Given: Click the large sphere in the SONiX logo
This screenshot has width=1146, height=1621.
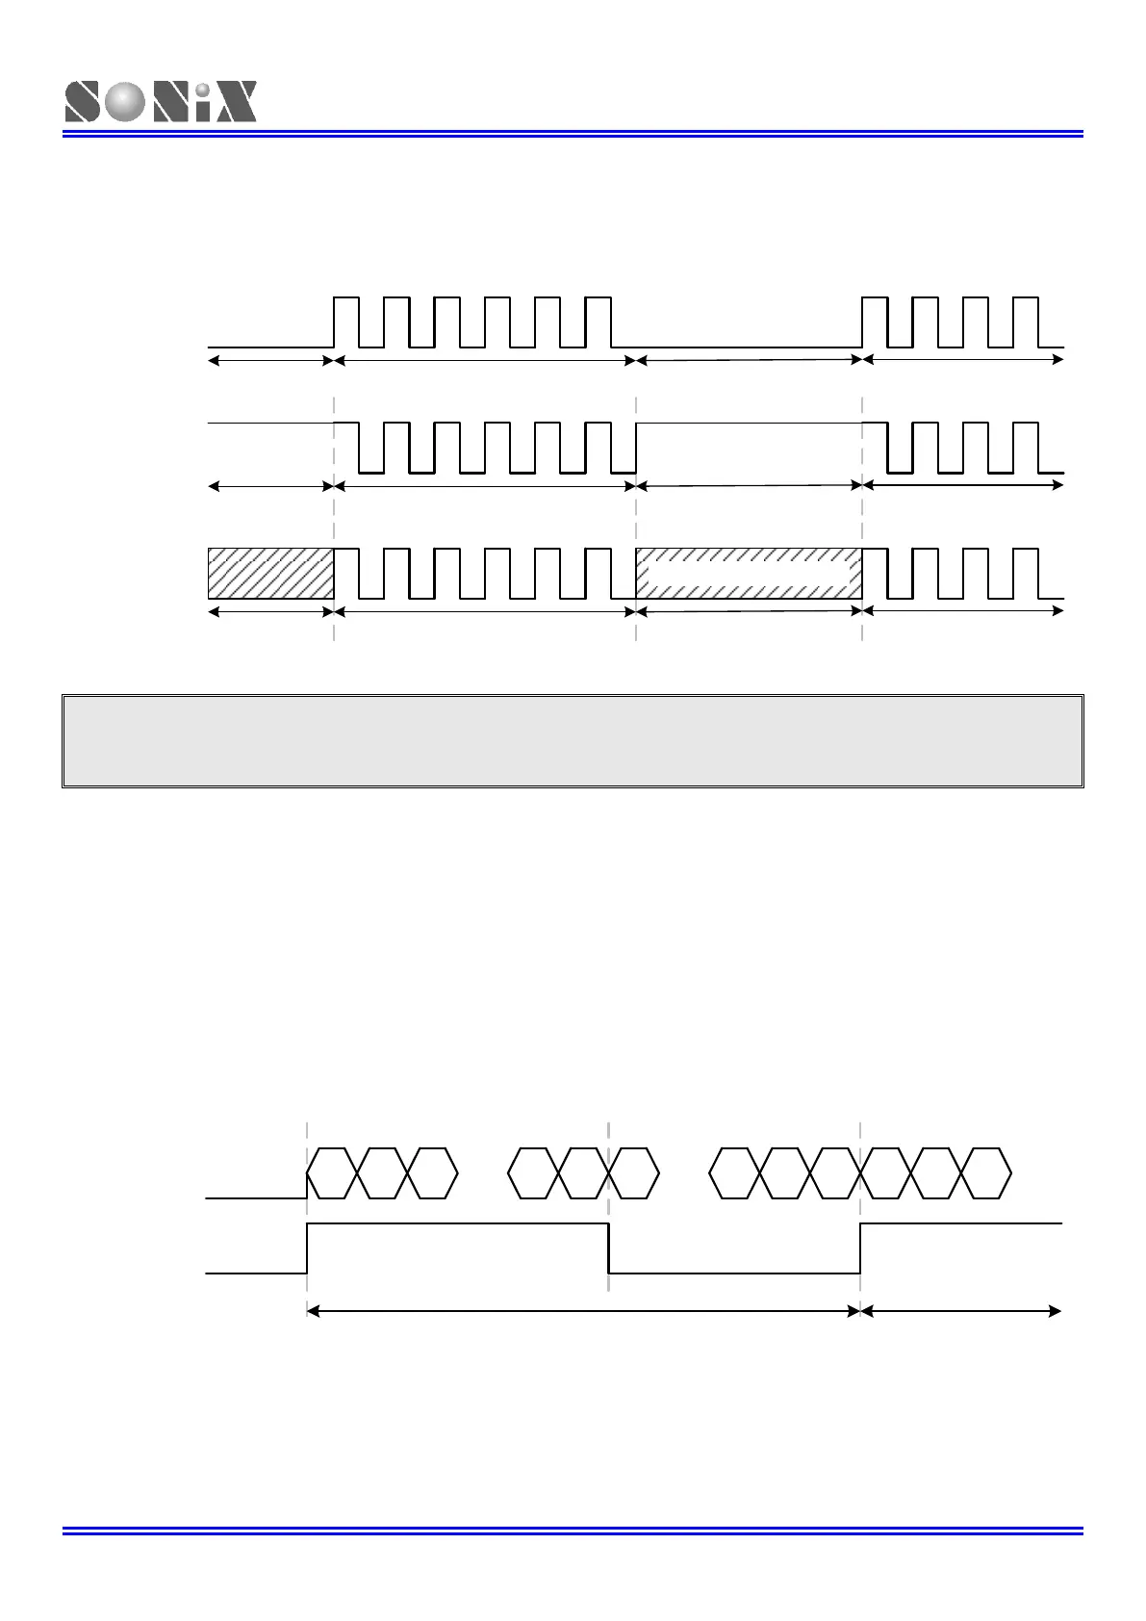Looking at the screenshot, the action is [124, 102].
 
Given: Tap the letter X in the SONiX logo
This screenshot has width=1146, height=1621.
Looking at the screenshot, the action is [236, 102].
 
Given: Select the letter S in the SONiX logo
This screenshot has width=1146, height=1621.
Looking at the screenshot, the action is [83, 102].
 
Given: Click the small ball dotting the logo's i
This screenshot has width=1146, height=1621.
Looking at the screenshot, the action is [203, 90].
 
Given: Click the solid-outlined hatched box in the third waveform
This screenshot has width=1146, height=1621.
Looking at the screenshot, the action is [270, 574].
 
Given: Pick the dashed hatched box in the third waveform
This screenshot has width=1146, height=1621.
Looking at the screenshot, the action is [749, 574].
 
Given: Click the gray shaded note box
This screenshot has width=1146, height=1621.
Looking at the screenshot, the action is [573, 740].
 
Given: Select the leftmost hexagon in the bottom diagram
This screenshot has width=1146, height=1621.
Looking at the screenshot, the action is [332, 1173].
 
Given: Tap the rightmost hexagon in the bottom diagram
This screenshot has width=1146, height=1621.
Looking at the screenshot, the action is [986, 1173].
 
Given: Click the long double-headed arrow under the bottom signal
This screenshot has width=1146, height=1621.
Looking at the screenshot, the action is [582, 1311].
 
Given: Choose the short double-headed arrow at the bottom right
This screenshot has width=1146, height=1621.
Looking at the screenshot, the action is [960, 1311].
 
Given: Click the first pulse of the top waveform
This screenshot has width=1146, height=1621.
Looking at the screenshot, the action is [346, 322].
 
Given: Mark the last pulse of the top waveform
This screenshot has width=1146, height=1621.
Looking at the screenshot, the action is [1027, 322].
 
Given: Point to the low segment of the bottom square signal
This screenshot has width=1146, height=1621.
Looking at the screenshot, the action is [734, 1273].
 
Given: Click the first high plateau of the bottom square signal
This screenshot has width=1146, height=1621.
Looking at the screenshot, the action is [457, 1223].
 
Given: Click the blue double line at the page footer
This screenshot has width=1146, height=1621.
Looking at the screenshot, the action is [573, 1531].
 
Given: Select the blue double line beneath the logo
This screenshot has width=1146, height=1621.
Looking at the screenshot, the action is [573, 134].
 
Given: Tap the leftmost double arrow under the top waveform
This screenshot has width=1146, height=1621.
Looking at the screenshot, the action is [270, 360].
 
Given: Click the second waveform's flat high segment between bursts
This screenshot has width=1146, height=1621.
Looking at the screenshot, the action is [749, 423].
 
